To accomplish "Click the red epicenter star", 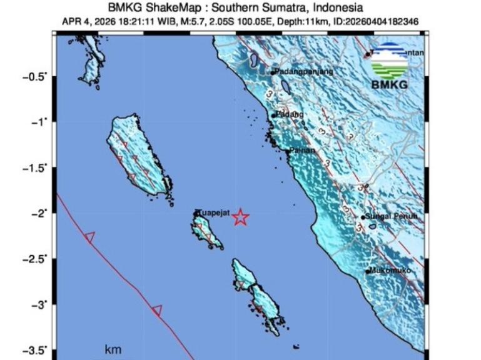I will (240, 217).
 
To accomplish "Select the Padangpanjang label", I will (305, 72).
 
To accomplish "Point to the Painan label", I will (301, 151).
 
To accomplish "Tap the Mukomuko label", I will (390, 271).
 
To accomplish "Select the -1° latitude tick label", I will (39, 122).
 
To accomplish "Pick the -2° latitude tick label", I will (39, 214).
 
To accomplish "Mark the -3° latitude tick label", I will (39, 305).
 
